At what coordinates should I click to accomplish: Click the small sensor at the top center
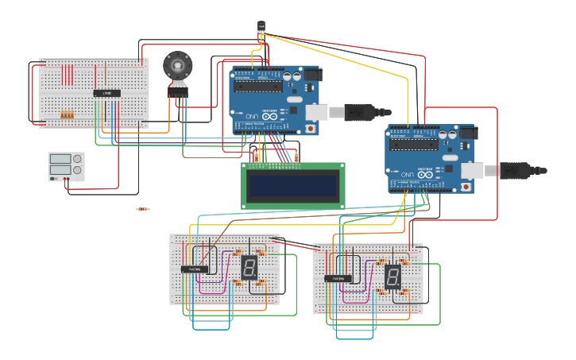[261, 27]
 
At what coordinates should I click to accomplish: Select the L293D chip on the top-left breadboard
[107, 93]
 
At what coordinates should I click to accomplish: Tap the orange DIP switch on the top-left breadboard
[68, 115]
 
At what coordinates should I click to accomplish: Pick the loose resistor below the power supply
[142, 209]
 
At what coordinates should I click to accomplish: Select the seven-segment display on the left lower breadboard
[249, 267]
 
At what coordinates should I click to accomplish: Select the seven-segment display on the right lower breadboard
[392, 277]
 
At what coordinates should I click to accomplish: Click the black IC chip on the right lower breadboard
[338, 278]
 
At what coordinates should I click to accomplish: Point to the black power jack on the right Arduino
[468, 134]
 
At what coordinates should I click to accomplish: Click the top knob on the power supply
[78, 158]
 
